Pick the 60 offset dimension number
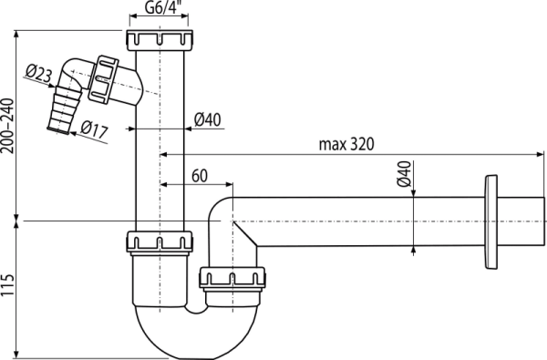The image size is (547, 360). pos(200,172)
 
